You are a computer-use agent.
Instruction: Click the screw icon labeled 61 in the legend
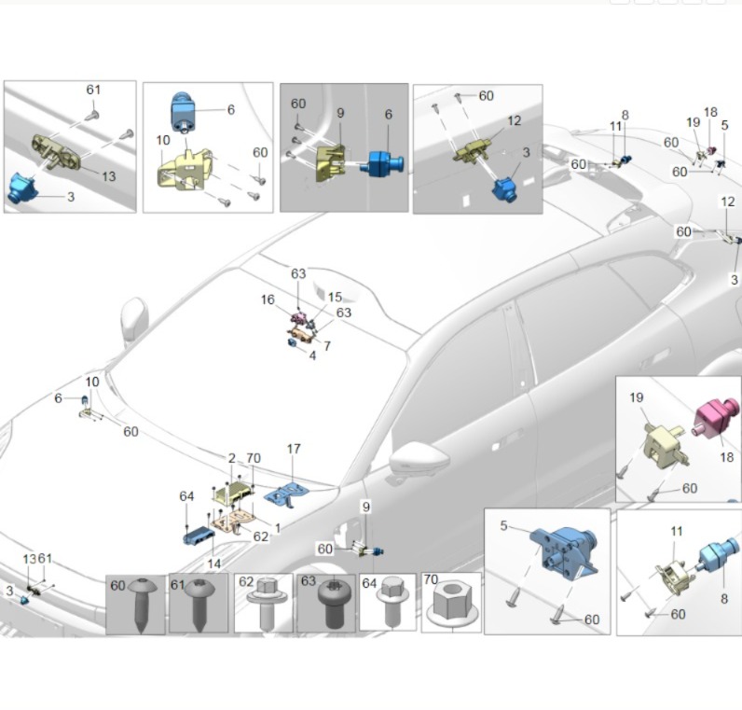point(199,606)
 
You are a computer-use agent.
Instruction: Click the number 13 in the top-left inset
point(109,175)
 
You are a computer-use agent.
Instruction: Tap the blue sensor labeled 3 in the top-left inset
point(22,188)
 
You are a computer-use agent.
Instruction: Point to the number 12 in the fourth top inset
point(514,120)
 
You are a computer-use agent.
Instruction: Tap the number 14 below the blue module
point(214,564)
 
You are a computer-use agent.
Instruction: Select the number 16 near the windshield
point(268,299)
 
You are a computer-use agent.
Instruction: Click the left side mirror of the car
point(134,320)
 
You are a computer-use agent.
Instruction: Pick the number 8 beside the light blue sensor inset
point(723,600)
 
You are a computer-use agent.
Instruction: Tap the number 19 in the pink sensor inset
point(637,397)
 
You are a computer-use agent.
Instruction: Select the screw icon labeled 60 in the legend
point(137,606)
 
